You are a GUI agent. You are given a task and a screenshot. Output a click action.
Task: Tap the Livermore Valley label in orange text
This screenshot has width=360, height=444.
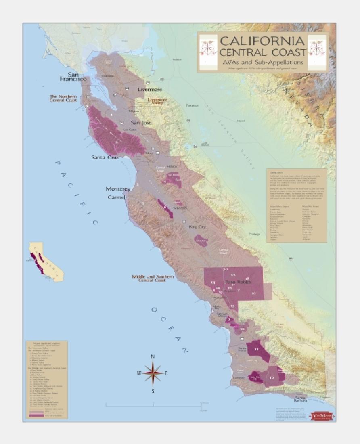point(157,101)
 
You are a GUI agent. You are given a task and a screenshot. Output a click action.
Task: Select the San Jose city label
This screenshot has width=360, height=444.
point(140,122)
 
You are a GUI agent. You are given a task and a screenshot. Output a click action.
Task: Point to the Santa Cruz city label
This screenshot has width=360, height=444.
point(105,157)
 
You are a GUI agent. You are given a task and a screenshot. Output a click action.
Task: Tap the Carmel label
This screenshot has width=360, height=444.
point(116,197)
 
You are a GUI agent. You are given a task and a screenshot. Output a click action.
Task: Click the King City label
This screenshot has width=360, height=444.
point(197,227)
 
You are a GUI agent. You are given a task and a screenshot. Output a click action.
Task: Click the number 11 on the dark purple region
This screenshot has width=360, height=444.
point(256,349)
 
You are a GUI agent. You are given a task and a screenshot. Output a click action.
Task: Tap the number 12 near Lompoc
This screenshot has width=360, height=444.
point(272,378)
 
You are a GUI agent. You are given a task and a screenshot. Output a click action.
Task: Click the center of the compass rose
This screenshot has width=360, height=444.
point(153,373)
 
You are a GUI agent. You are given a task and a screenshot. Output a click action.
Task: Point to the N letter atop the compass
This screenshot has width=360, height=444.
point(153,356)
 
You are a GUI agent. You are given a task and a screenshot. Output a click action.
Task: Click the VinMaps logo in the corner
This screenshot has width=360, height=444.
point(321,415)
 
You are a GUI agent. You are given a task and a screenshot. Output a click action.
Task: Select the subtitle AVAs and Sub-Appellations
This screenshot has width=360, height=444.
point(262,62)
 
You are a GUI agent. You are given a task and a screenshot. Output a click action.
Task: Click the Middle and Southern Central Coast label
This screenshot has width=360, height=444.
point(153,278)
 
